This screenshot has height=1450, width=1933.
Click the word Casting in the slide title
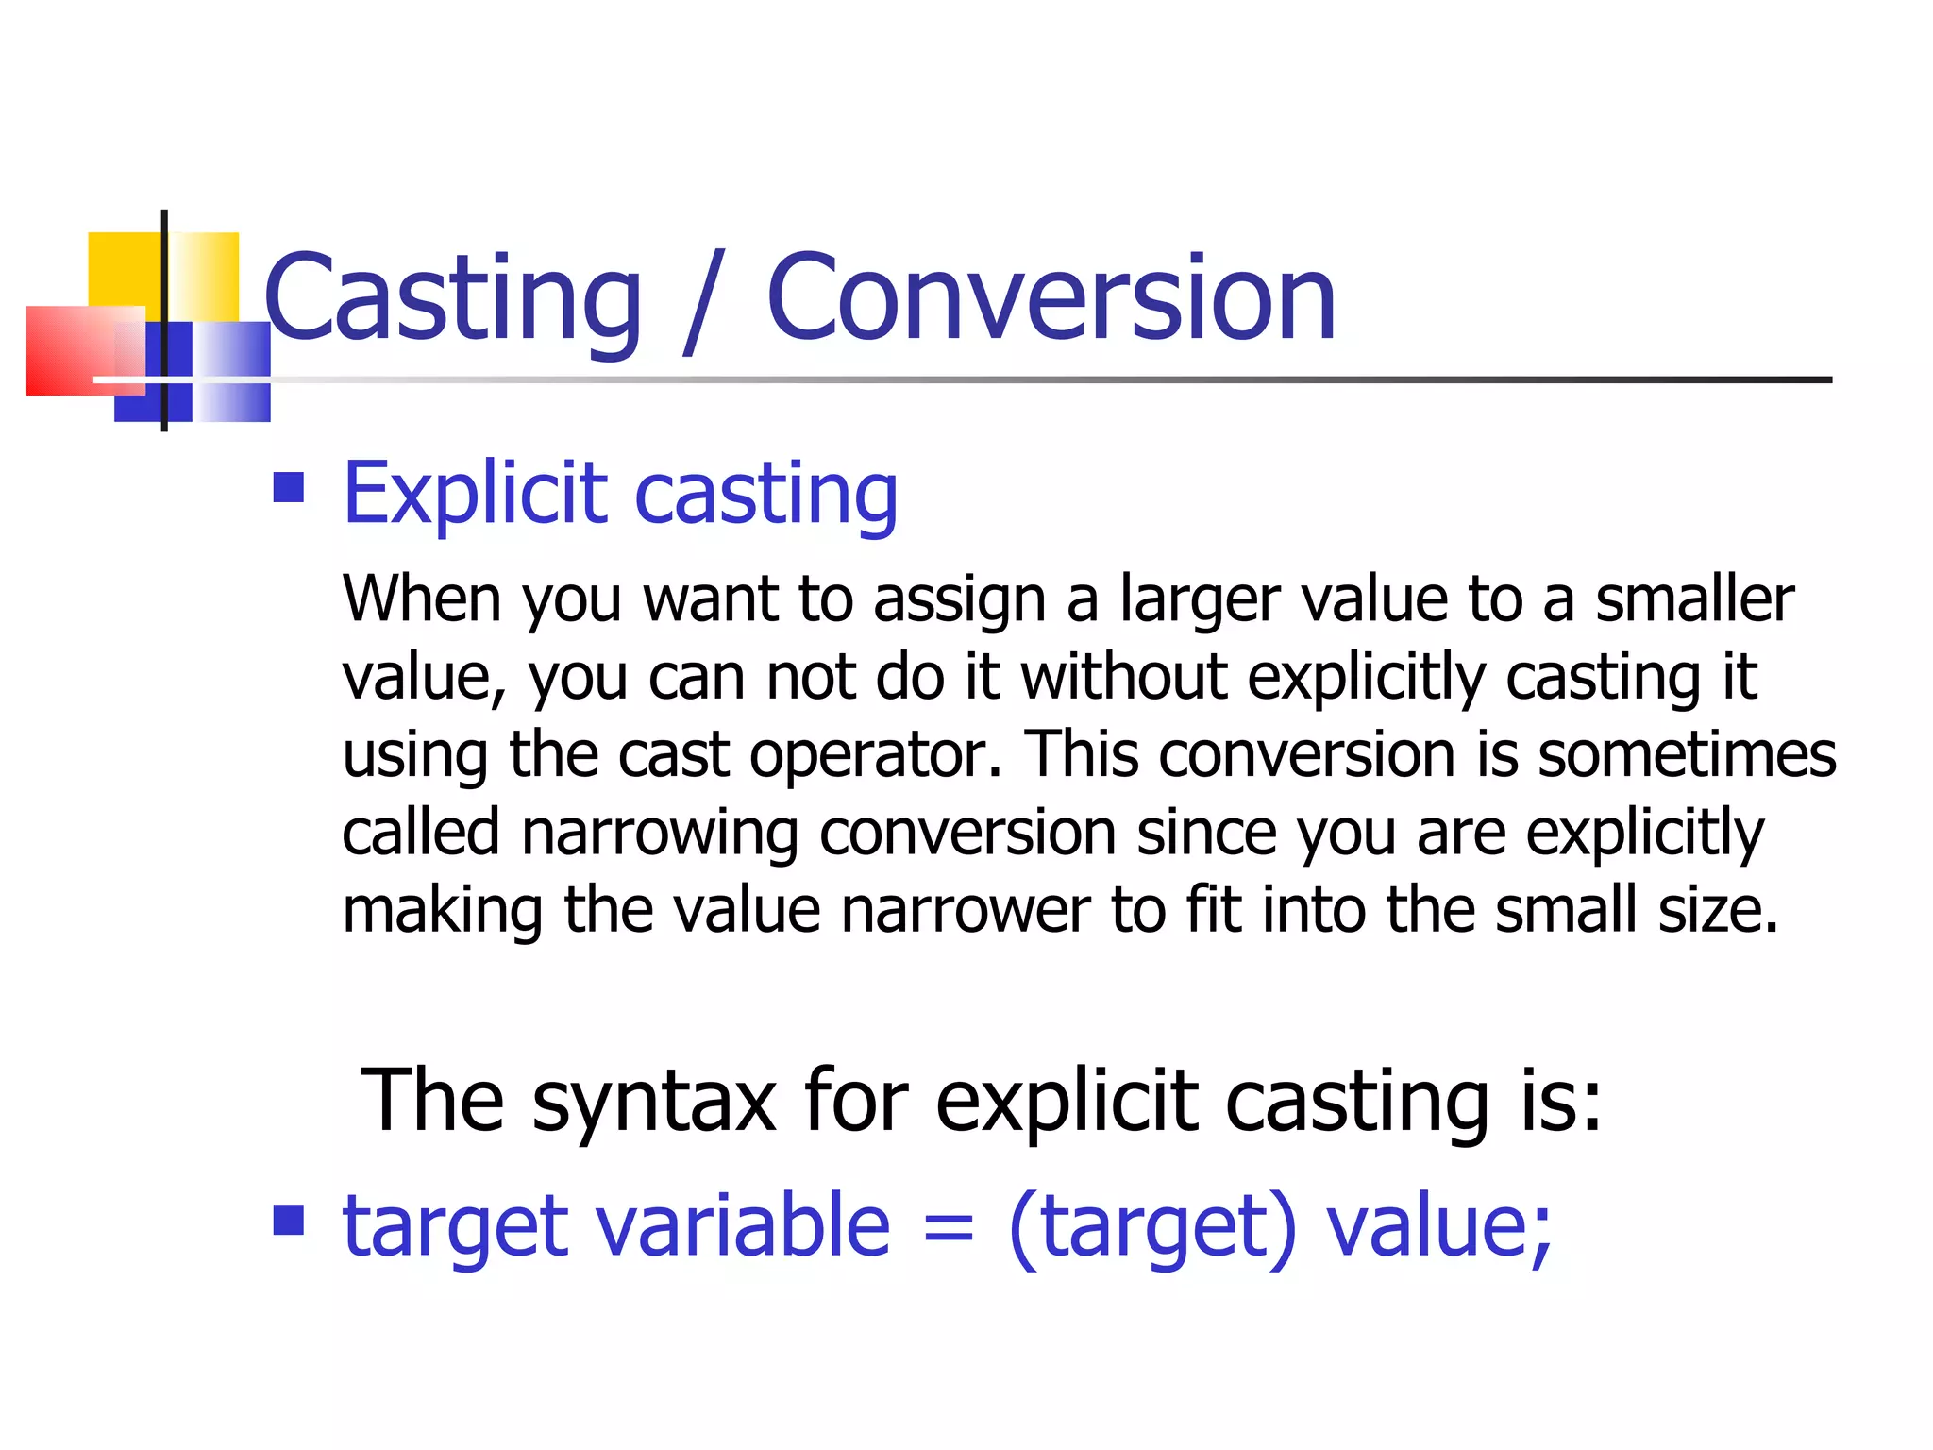click(x=453, y=300)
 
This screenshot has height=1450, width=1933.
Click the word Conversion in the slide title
click(x=1051, y=300)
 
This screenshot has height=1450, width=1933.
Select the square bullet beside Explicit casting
click(x=289, y=488)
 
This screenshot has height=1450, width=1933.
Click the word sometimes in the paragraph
click(x=1687, y=754)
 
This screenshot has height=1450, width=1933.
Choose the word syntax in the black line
click(x=653, y=1102)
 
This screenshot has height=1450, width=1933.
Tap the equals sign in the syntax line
click(x=948, y=1227)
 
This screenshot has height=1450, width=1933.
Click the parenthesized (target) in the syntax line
click(x=1152, y=1227)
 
